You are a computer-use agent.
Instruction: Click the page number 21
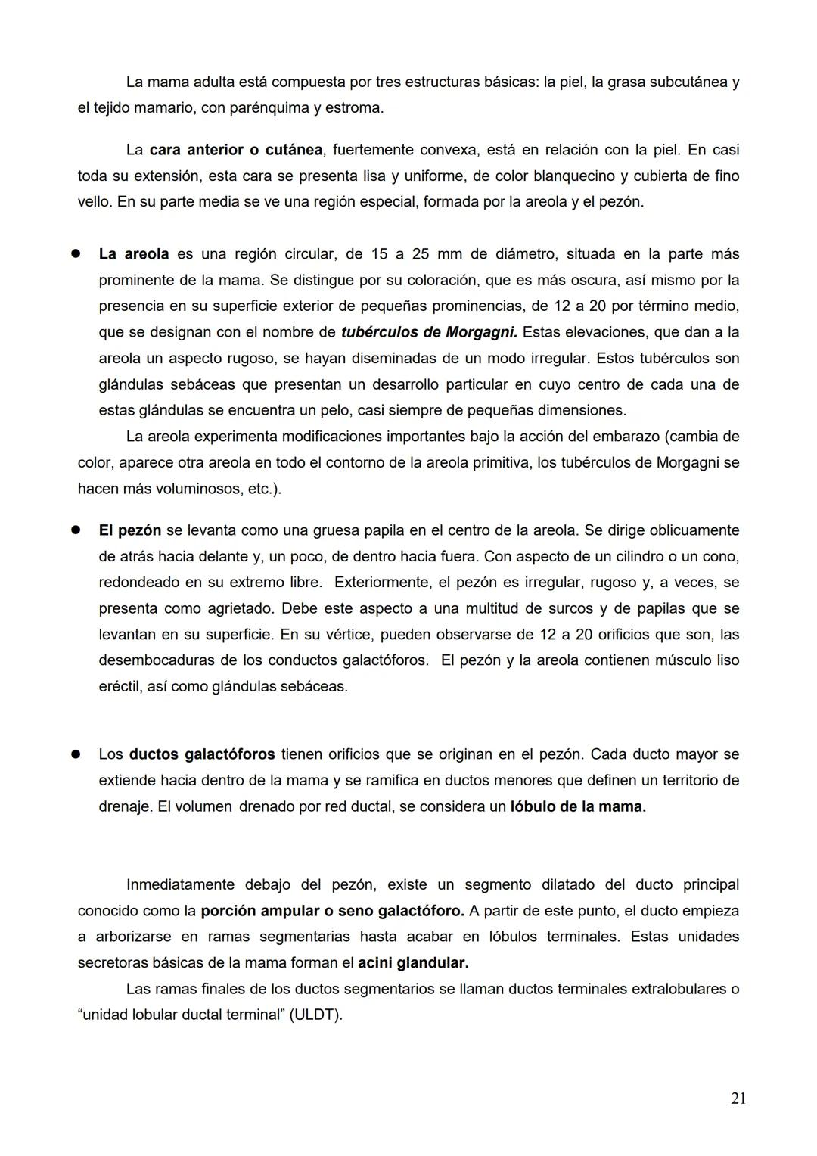click(738, 1099)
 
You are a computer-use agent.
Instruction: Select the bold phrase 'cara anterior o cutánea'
click(235, 150)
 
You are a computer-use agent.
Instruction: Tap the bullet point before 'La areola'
click(76, 254)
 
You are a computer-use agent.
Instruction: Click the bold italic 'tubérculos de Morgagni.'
click(429, 332)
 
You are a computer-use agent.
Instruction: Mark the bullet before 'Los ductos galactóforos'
click(76, 754)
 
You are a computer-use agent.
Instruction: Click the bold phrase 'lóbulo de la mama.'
click(578, 806)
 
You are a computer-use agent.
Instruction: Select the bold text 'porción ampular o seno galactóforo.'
click(332, 911)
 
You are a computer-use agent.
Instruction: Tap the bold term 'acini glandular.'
click(413, 963)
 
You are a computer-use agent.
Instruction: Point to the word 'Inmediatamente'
click(180, 884)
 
